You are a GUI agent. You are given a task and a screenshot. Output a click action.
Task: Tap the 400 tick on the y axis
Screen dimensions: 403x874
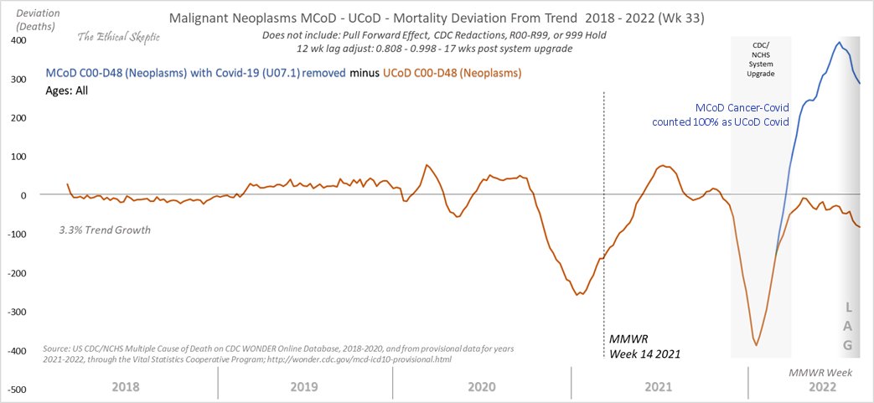click(x=17, y=40)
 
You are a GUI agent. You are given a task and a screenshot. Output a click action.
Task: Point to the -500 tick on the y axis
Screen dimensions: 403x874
click(x=15, y=390)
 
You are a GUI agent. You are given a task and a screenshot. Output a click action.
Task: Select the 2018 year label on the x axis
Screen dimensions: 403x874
click(x=126, y=387)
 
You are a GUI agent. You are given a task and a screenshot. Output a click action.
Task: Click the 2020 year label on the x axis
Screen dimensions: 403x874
click(x=481, y=387)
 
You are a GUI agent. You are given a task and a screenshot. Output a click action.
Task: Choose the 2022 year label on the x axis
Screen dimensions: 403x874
click(x=823, y=387)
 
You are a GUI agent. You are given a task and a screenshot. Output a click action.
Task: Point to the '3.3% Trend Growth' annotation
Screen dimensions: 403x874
click(x=105, y=230)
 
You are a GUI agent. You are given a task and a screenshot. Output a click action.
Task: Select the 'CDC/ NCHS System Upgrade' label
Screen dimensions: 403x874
click(x=760, y=59)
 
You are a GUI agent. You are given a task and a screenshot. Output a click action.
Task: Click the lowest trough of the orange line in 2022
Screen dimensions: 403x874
click(x=757, y=344)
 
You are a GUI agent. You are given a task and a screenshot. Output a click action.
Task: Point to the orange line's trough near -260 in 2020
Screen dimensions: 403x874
click(x=577, y=295)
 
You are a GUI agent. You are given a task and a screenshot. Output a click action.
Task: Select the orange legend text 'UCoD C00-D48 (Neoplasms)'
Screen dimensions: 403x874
click(x=453, y=74)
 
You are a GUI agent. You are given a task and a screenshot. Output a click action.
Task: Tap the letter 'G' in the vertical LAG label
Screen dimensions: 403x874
click(x=847, y=345)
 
